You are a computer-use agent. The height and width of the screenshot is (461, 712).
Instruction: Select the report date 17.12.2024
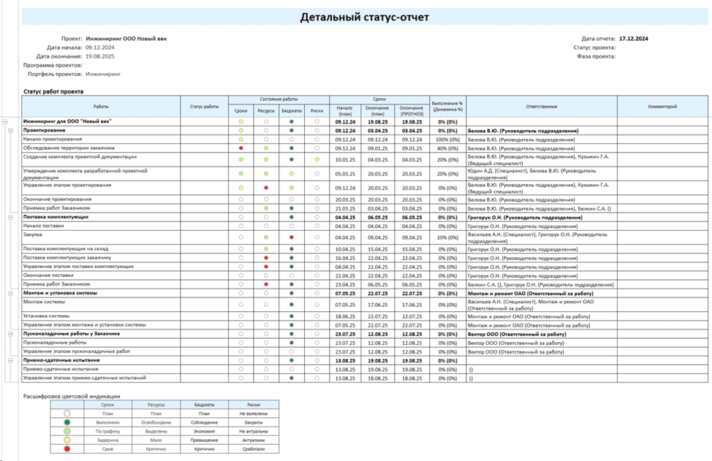(634, 38)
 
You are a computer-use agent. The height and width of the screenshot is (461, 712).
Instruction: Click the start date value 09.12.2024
(100, 47)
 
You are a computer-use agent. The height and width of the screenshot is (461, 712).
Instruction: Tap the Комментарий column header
(662, 107)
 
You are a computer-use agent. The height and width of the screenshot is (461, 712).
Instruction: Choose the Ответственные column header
(541, 107)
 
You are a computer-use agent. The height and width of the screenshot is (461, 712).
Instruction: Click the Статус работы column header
(204, 107)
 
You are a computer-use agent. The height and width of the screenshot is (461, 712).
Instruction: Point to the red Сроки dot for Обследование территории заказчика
(241, 148)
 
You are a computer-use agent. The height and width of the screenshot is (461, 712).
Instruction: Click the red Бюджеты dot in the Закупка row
(291, 237)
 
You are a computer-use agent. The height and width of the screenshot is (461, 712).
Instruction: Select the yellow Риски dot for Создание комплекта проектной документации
(317, 159)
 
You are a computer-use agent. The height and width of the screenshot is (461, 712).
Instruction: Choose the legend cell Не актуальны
(254, 431)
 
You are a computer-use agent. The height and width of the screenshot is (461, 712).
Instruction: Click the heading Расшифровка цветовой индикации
(71, 396)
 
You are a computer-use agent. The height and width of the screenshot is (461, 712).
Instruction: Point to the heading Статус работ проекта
(53, 91)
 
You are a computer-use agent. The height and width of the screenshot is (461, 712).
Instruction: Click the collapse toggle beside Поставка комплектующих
(11, 217)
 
